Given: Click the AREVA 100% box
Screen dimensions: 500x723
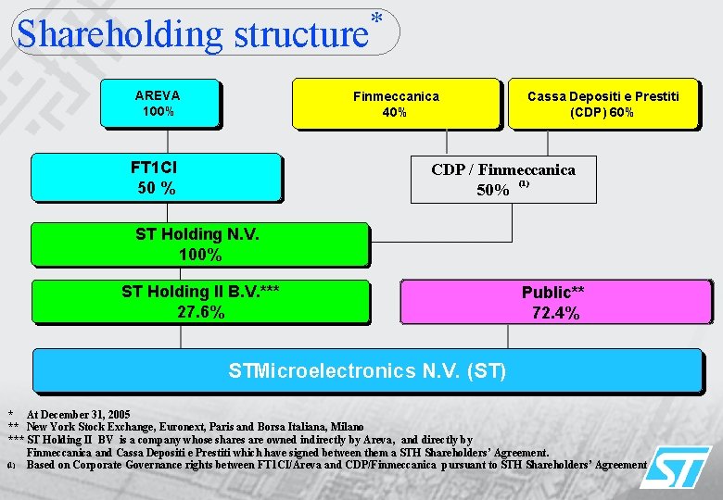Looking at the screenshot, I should [x=158, y=103].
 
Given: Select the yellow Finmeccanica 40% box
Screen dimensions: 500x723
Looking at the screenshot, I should [x=396, y=103].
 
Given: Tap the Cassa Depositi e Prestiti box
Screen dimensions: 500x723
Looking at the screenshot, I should [x=602, y=103].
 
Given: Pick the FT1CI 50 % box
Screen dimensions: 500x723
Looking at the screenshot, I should [x=155, y=177].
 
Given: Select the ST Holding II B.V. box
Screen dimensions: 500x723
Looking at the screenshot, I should [x=200, y=302].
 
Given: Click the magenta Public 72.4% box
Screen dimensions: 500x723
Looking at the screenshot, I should [x=555, y=302].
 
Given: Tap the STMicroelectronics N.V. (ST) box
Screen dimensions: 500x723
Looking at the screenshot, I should [x=367, y=370].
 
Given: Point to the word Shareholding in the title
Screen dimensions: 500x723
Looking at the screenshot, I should [x=120, y=35].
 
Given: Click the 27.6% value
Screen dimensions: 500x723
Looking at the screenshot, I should [x=200, y=313].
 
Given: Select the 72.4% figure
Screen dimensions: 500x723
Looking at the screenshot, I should [x=555, y=314].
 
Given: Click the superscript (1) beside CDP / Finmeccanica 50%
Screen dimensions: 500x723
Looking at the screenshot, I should [x=524, y=185].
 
